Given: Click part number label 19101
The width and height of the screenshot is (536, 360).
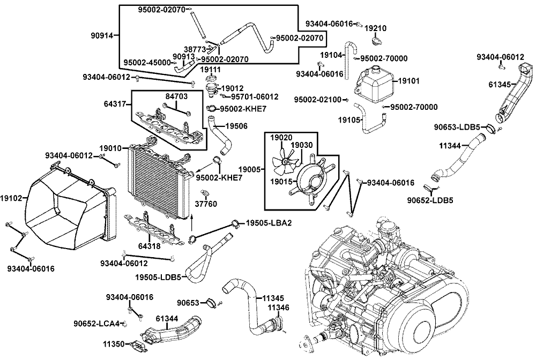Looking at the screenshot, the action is [409, 81].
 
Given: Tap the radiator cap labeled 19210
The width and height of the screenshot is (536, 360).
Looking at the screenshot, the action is [376, 41].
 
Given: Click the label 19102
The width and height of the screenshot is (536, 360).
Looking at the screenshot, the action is [11, 198].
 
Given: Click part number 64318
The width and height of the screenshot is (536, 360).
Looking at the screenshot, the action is [150, 245].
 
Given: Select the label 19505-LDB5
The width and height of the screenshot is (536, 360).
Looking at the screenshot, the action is [158, 277].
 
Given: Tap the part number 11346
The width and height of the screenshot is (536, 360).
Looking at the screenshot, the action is [278, 307].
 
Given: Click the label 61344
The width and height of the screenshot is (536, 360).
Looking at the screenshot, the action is [167, 319].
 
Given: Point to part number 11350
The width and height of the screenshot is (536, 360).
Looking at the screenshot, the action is [114, 344].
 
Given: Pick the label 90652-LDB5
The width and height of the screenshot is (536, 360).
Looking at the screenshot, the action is [430, 200].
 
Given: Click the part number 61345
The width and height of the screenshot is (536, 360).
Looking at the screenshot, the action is [500, 84].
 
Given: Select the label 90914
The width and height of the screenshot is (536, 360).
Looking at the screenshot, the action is [102, 35].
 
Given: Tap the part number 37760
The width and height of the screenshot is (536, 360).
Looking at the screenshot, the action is [206, 204].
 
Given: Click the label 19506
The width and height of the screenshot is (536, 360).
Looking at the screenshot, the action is [236, 126].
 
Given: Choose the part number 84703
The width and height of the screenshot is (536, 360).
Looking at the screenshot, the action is [177, 96].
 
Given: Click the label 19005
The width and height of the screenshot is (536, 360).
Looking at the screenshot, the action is [249, 169].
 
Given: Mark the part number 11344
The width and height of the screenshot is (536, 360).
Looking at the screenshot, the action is [450, 146].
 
